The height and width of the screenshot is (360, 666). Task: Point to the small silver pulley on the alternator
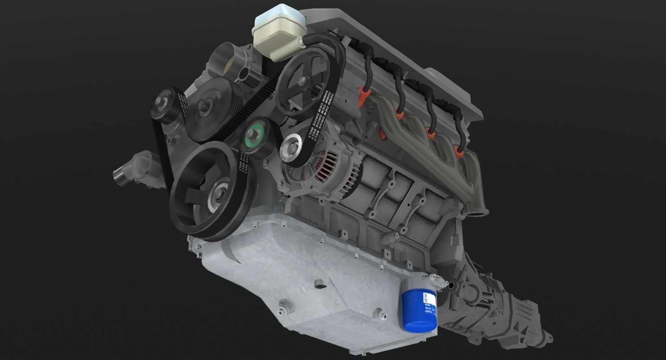[x=291, y=149]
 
